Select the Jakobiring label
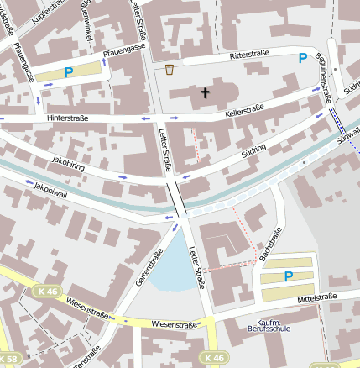tap(68, 158)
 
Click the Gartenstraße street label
tap(148, 266)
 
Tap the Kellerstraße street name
tap(245, 108)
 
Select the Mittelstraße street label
tap(316, 297)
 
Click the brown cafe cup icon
tap(170, 70)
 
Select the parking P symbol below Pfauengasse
tap(69, 73)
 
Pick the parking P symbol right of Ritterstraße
tap(302, 58)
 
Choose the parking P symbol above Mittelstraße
tap(288, 276)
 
